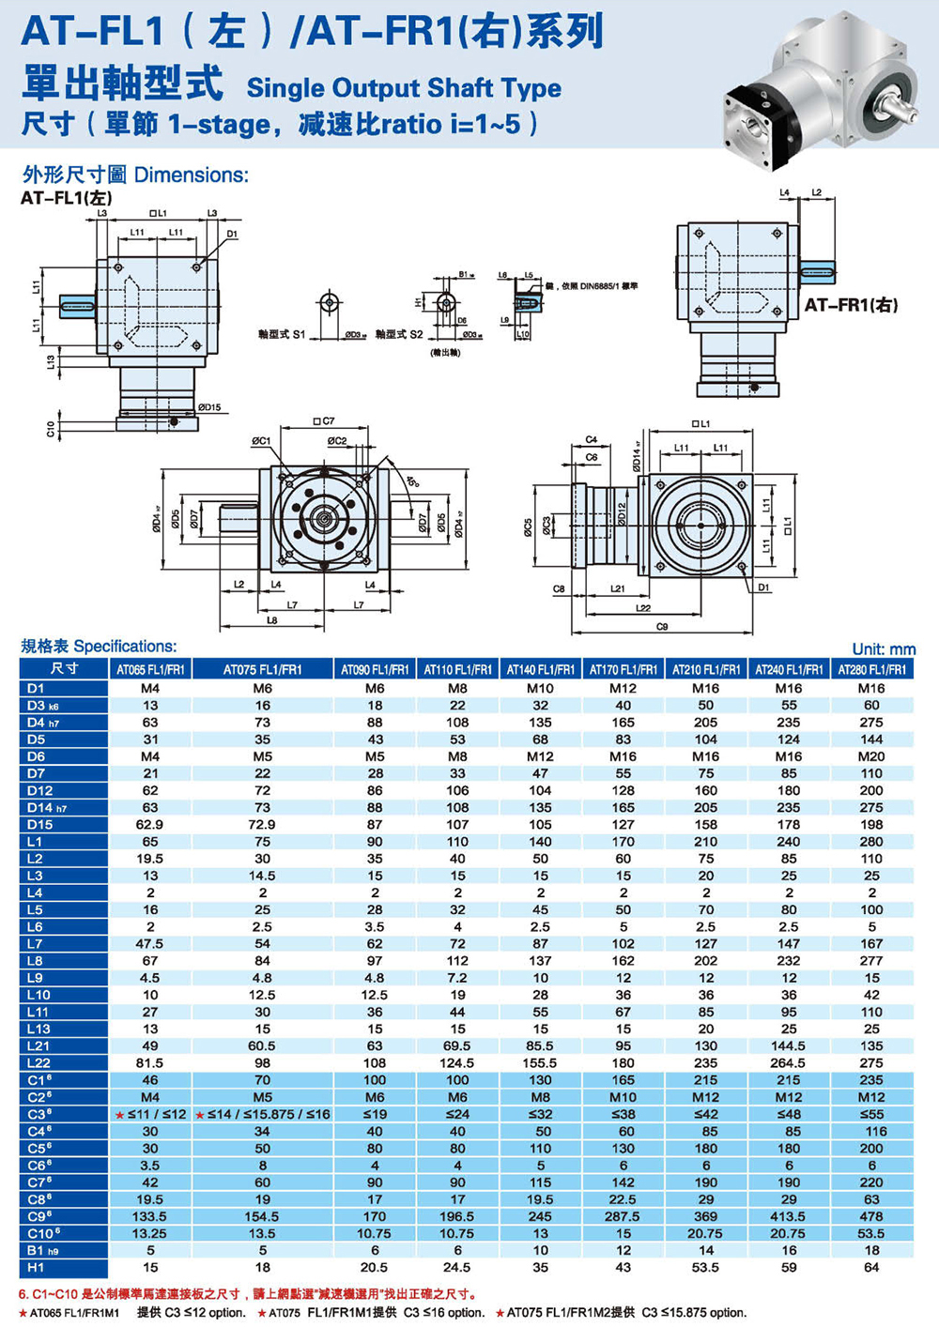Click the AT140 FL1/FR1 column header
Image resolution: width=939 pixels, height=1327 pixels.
coord(540,669)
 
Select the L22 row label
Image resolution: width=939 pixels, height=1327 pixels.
coord(39,1062)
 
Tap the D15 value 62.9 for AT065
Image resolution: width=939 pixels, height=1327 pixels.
coord(149,824)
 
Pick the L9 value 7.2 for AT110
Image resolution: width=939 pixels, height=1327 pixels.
coord(457,977)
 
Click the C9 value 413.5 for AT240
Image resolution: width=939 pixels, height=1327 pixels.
coord(789,1215)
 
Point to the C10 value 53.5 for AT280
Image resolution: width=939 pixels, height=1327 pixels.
coord(871,1233)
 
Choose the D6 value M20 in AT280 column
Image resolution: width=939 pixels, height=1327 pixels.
coord(871,755)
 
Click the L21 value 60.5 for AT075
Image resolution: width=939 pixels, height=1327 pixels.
coord(262,1045)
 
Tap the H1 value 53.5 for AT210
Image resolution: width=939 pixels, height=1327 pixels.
coord(705,1267)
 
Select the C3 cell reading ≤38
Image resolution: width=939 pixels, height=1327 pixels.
coord(623,1114)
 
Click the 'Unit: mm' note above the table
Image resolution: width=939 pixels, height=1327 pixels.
coord(883,648)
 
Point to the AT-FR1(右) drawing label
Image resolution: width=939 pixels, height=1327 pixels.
coord(851,305)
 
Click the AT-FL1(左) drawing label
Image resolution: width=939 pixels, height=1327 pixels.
coord(67,198)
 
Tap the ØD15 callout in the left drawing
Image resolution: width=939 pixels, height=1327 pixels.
coord(208,407)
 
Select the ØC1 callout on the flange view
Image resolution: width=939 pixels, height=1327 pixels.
coord(260,440)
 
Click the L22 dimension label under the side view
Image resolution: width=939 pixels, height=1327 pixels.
coord(642,607)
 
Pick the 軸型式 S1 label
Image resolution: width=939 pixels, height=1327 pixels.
coord(281,334)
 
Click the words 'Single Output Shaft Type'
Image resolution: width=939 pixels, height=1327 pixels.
coord(404,88)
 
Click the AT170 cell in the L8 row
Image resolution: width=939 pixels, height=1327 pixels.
coord(623,960)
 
